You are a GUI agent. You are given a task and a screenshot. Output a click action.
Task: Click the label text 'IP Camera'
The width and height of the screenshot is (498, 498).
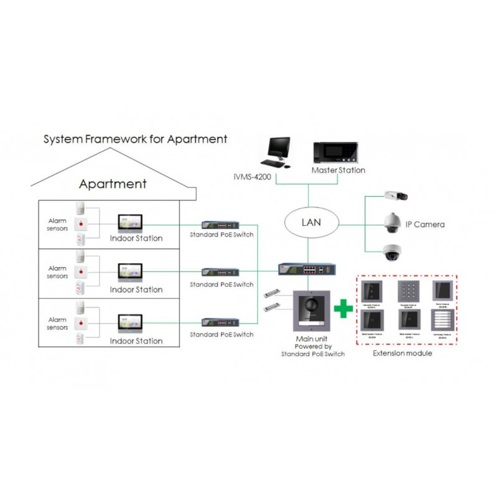(x=425, y=224)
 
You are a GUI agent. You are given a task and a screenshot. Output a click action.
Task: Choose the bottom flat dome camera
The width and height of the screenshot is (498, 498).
(x=394, y=251)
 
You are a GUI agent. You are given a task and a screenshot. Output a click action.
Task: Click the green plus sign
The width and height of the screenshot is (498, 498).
(x=342, y=308)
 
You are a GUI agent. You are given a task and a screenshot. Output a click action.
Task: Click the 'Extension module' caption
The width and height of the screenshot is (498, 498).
(x=402, y=354)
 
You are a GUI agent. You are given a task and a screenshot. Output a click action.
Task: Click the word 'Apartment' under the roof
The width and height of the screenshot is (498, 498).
(x=113, y=184)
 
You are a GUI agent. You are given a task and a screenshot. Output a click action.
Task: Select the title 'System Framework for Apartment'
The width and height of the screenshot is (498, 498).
(x=135, y=139)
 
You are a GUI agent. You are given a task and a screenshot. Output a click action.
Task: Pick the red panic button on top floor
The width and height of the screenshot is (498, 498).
(x=83, y=222)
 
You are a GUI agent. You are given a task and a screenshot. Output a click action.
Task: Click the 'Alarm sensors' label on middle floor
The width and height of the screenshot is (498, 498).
(x=57, y=271)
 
